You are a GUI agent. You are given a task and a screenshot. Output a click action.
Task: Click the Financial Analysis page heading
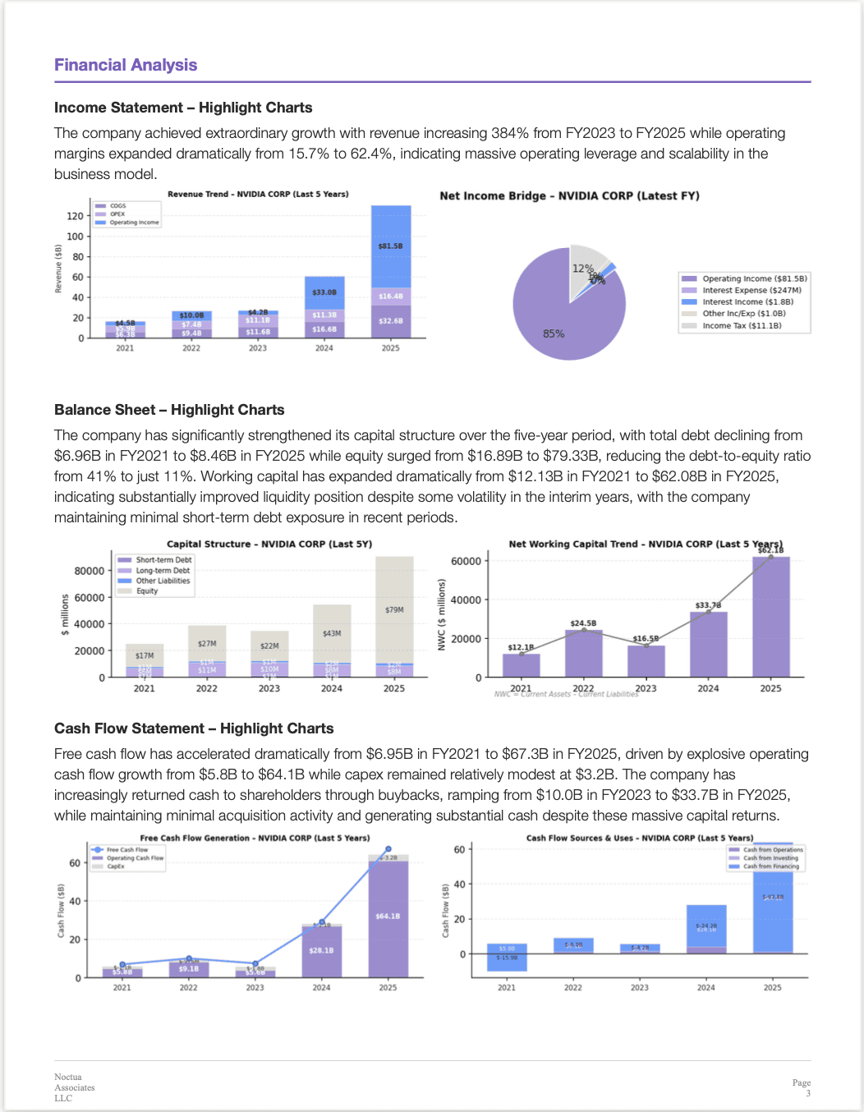126,65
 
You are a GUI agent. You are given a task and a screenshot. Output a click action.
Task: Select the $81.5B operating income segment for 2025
391,246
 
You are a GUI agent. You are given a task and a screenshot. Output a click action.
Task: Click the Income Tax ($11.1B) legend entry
742,325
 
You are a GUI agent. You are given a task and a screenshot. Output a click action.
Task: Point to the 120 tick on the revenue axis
76,216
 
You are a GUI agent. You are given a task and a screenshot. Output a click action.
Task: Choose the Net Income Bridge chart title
569,195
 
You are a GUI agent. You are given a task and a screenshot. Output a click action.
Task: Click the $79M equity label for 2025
394,609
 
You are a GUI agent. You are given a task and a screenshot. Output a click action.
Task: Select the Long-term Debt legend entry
163,570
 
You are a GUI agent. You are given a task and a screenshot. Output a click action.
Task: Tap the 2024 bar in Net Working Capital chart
708,645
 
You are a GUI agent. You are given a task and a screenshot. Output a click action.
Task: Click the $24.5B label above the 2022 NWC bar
583,623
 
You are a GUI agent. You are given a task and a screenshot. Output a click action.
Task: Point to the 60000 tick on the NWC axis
466,561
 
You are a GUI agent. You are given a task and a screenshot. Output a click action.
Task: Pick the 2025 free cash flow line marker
388,849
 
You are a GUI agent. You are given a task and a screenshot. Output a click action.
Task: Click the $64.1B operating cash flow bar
388,916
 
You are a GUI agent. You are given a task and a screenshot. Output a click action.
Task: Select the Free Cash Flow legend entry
126,850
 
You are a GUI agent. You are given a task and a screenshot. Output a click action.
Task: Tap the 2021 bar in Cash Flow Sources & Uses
507,958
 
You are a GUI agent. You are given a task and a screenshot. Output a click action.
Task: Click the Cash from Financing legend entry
770,866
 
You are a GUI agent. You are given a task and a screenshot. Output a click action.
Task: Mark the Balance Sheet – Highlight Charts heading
169,410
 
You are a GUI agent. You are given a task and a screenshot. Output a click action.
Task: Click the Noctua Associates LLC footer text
74,1087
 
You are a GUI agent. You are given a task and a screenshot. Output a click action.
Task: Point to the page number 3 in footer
808,1093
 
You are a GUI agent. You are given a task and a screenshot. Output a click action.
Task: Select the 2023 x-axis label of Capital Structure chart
269,688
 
